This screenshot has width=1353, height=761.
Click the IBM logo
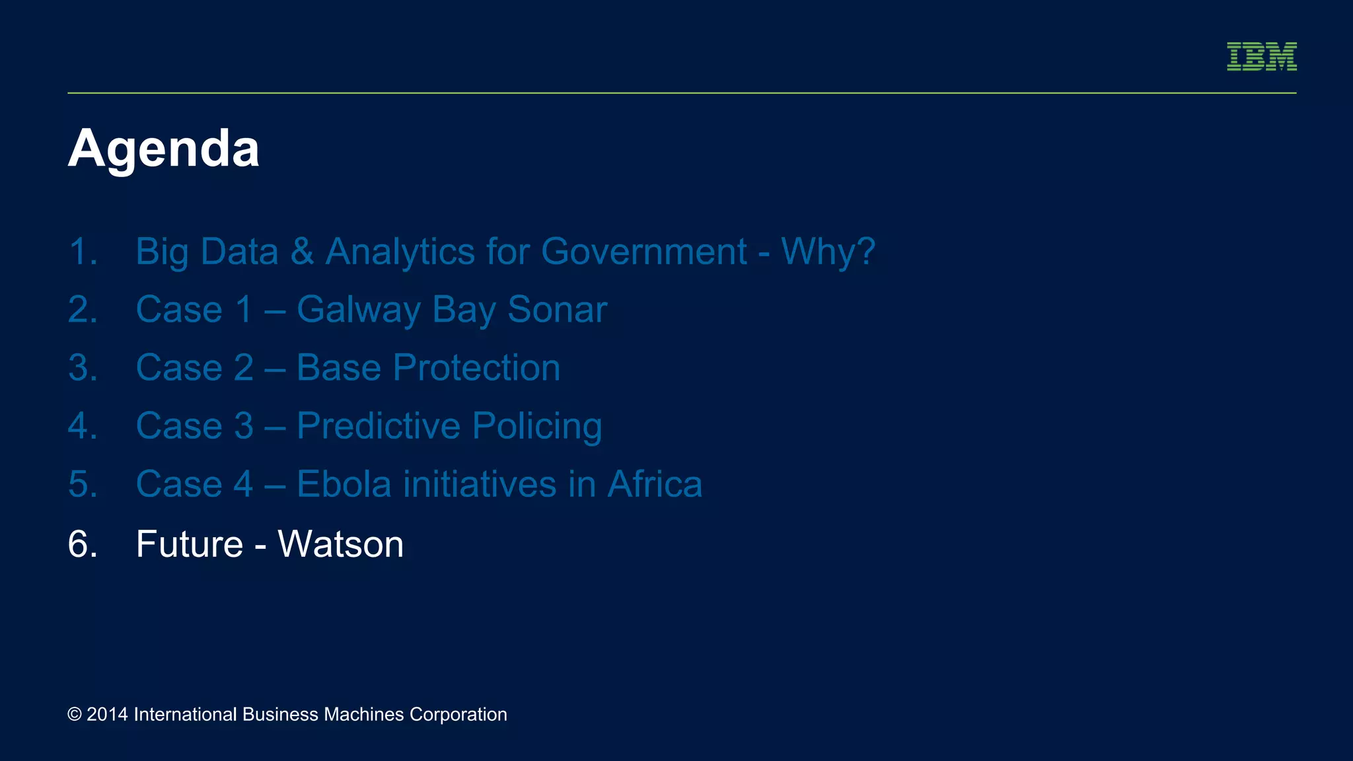tap(1261, 57)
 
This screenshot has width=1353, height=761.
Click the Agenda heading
tap(163, 149)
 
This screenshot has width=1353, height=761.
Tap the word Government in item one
tap(644, 252)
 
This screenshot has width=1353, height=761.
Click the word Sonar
tap(557, 310)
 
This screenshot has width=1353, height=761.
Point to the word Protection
tap(476, 368)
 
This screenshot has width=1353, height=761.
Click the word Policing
tap(536, 426)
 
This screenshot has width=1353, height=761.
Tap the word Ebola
tap(344, 484)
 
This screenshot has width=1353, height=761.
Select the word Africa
tap(655, 484)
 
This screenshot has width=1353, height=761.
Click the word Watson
tap(340, 544)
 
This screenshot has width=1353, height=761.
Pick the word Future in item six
tap(190, 544)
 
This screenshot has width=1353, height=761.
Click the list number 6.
tap(83, 544)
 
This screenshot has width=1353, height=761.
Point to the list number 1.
tap(83, 252)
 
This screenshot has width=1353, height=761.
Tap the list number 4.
tap(83, 426)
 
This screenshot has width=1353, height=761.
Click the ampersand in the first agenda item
tap(302, 252)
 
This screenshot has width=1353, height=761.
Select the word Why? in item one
tap(828, 252)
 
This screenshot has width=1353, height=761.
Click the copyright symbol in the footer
tap(75, 715)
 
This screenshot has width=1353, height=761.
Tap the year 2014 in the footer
tap(107, 715)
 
